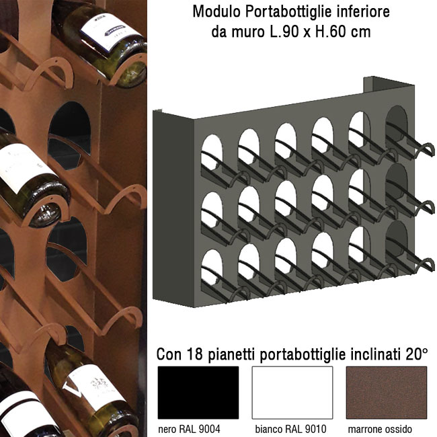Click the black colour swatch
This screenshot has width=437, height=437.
(198, 393)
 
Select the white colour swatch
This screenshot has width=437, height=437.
(292, 393)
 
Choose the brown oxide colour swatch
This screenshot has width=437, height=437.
(387, 393)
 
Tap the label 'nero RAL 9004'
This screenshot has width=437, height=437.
(189, 429)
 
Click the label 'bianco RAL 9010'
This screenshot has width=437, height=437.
(290, 429)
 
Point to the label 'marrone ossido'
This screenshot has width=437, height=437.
(380, 429)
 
